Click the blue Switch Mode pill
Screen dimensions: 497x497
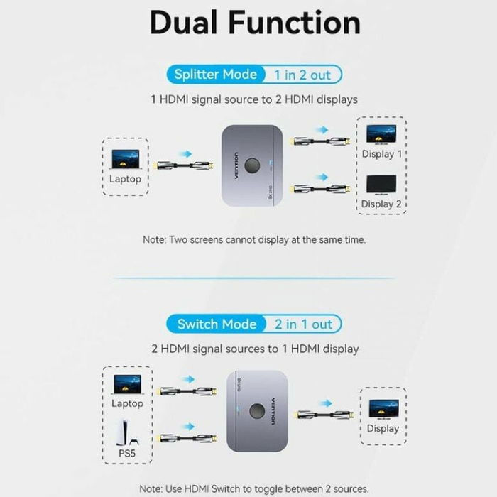point(217,324)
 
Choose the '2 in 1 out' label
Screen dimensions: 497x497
point(303,324)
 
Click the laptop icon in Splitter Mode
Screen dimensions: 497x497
point(126,158)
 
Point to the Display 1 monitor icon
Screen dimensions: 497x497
point(381,134)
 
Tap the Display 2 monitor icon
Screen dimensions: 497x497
point(381,185)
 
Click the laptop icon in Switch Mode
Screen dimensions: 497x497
point(128,384)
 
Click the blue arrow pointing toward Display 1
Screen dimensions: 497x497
point(323,130)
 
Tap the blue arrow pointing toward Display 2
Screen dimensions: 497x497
point(323,177)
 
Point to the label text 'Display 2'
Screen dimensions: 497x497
point(381,204)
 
